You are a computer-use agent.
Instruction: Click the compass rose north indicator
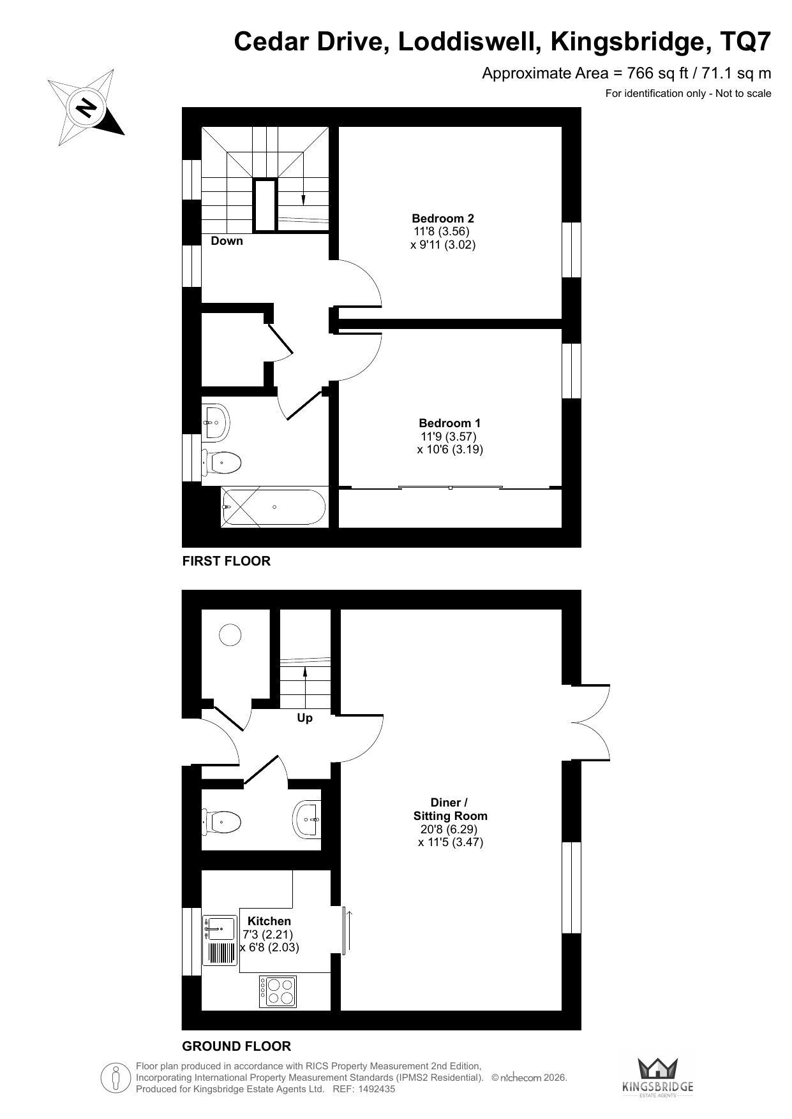(x=86, y=106)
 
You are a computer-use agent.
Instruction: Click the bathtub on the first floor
(x=273, y=507)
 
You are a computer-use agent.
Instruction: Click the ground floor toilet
(x=221, y=821)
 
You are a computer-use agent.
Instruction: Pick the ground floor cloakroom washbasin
(x=307, y=819)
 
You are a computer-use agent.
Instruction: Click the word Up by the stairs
(x=305, y=718)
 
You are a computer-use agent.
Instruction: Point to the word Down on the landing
(x=227, y=240)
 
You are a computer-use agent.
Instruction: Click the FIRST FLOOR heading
(x=227, y=561)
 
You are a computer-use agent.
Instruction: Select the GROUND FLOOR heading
(x=237, y=1046)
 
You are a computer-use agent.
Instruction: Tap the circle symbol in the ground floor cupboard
(x=230, y=634)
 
